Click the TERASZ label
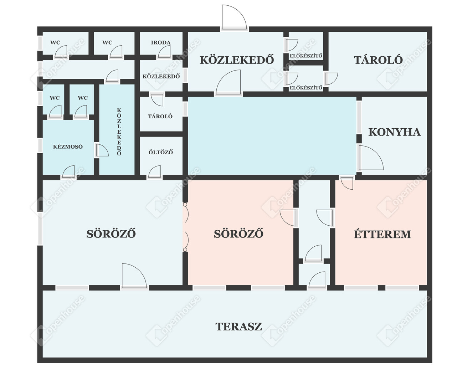pos(238,327)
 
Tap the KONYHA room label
pos(395,132)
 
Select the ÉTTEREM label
pos(383,234)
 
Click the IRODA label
pos(161,42)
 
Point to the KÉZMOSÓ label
pos(68,147)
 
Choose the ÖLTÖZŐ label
pos(161,152)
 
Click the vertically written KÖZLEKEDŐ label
pos(119,132)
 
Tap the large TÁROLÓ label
pos(378,60)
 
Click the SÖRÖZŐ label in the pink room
pos(238,234)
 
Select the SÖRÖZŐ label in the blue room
pos(111,234)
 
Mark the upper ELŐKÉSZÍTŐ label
pos(306,56)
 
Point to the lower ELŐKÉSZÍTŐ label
pos(306,88)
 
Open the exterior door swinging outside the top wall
pos(234,17)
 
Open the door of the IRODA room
pos(164,52)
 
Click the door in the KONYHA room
pos(371,158)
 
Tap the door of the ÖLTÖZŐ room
pos(154,172)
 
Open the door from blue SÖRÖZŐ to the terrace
pos(134,276)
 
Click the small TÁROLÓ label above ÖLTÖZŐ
pos(160,116)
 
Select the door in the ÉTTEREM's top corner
pos(347,184)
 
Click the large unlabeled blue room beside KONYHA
pos(272,136)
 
